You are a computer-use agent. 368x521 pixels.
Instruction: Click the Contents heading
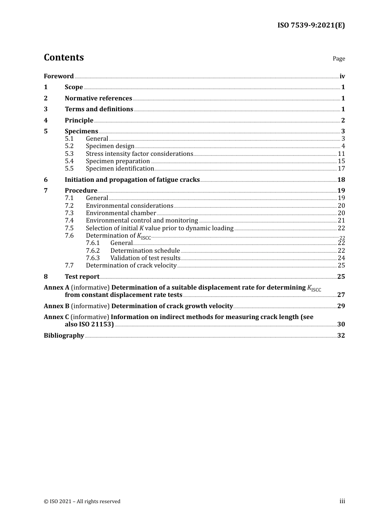64,57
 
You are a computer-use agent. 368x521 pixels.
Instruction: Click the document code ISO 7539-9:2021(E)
311,26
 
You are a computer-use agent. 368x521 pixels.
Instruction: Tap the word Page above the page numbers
339,59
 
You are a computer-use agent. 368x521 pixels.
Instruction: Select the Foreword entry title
58,76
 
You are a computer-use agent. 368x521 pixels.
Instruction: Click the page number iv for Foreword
342,76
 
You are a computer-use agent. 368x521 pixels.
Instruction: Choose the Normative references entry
98,98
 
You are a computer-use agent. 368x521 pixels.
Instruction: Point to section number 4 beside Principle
46,121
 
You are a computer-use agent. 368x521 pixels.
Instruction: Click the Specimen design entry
110,146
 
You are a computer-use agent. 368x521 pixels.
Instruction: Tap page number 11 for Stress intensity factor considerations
341,154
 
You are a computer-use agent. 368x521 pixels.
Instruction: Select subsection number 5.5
69,169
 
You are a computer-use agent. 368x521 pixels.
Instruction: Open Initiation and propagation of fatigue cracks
132,180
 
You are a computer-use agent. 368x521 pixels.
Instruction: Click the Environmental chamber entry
121,213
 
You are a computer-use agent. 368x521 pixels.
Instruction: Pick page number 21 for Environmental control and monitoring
341,221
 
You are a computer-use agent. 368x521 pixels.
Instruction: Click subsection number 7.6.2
93,251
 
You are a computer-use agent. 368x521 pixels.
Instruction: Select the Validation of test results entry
145,258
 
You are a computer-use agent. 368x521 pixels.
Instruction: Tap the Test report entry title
82,277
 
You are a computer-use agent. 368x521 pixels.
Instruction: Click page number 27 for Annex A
341,295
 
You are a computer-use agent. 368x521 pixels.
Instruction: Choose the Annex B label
57,306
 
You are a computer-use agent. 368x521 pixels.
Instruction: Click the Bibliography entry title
64,336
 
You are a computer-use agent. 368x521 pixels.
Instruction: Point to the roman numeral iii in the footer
342,501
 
